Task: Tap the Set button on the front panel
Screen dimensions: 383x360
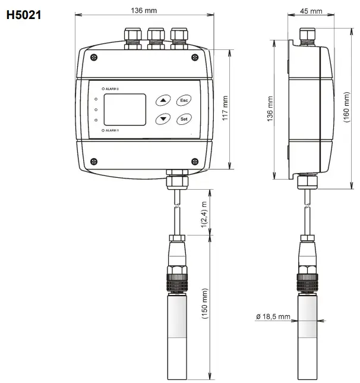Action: (184, 119)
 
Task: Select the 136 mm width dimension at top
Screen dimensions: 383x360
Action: (144, 10)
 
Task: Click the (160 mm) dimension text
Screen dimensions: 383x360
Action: (347, 108)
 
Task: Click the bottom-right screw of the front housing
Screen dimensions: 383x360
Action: (194, 161)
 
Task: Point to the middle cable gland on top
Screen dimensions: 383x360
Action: (156, 37)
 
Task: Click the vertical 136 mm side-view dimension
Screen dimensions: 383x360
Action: (270, 109)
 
